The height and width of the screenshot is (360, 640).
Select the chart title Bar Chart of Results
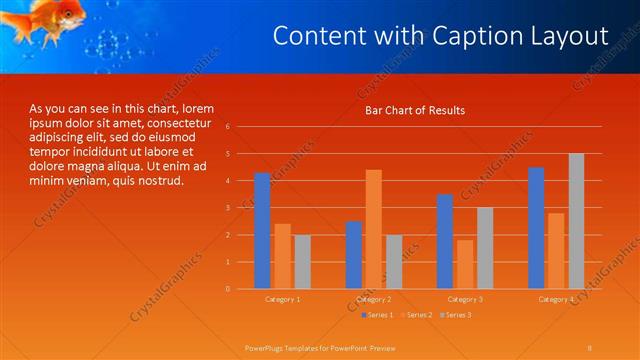[x=414, y=110]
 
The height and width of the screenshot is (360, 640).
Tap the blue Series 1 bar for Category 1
[x=262, y=231]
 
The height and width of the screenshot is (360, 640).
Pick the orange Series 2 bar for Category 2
[x=373, y=229]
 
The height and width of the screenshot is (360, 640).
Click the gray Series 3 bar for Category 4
[x=576, y=221]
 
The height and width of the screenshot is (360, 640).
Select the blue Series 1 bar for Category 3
[x=445, y=241]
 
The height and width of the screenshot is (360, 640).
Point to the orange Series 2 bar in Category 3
[x=464, y=264]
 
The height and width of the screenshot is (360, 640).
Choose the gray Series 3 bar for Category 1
[x=302, y=262]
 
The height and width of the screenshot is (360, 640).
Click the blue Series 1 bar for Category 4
[x=536, y=228]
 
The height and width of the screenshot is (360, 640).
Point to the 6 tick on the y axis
[x=228, y=127]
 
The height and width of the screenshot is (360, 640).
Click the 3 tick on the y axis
[x=228, y=208]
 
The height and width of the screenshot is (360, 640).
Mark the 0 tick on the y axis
[x=228, y=289]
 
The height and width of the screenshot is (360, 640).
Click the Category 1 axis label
[x=282, y=299]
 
